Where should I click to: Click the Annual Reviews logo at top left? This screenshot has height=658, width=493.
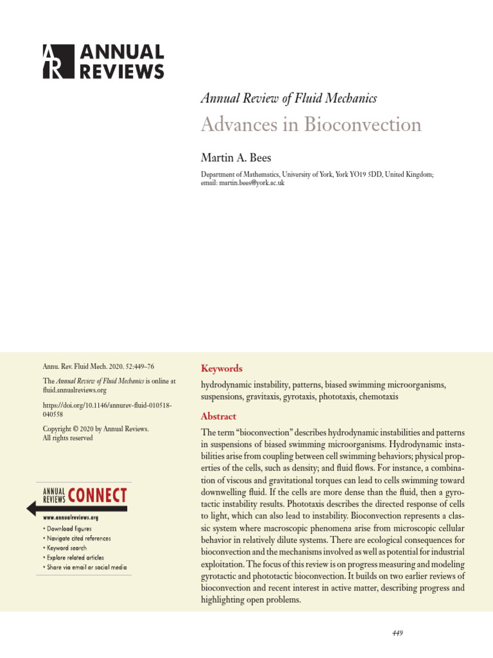tap(103, 61)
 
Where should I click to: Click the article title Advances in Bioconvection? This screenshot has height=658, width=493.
tap(311, 124)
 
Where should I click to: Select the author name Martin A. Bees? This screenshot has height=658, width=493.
tap(236, 158)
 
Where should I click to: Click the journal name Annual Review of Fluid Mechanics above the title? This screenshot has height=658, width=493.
tap(288, 98)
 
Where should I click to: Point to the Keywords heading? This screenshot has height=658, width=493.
tap(221, 368)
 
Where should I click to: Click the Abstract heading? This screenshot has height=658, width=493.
tap(218, 416)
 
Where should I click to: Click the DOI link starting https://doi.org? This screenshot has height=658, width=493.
tap(107, 411)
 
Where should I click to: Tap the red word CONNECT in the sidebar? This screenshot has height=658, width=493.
tap(98, 495)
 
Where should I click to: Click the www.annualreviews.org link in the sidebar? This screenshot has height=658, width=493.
tap(71, 517)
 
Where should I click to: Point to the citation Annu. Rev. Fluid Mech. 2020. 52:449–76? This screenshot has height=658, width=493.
tap(98, 367)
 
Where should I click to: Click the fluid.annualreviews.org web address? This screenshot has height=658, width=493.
tap(74, 390)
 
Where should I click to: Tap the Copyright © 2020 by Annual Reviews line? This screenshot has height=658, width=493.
tap(96, 429)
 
